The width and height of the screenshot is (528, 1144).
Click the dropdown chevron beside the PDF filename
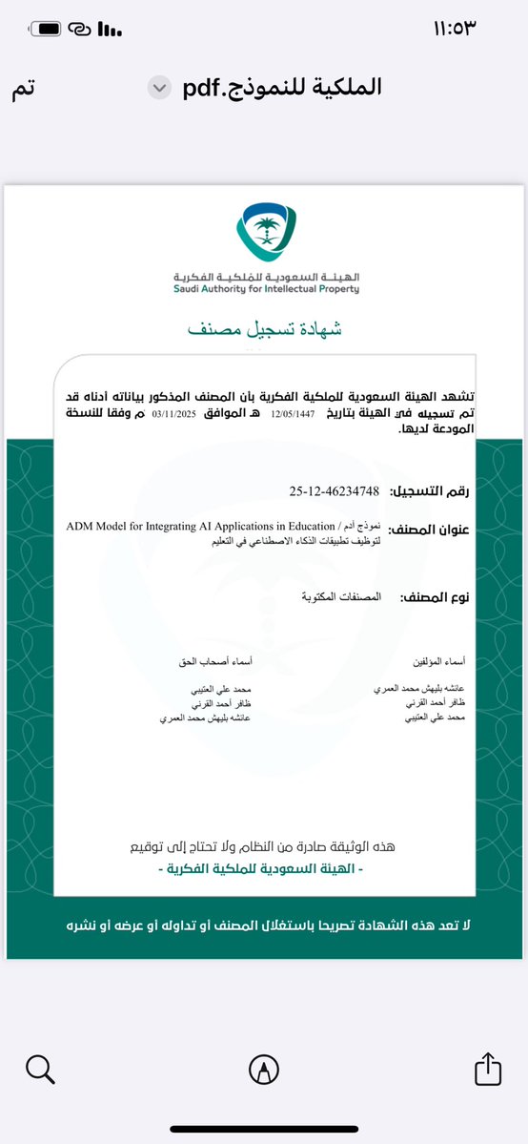[x=158, y=88]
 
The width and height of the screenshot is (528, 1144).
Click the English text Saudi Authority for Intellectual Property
[x=266, y=288]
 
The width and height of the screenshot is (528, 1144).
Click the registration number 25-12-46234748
[x=334, y=491]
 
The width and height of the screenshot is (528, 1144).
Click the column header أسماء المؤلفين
[x=445, y=659]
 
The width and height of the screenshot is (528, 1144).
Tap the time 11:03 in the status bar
[x=478, y=28]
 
